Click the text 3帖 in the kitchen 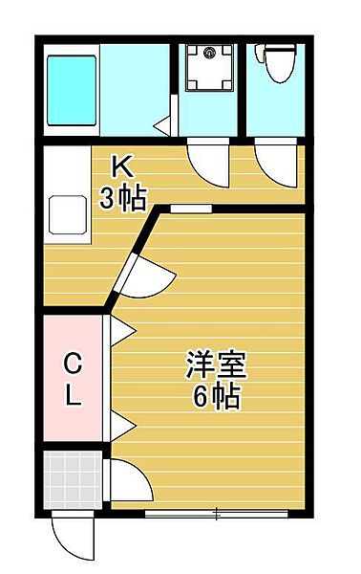124,198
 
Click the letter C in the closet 73,363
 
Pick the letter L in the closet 73,395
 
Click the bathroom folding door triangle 163,122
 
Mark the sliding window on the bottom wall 218,515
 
